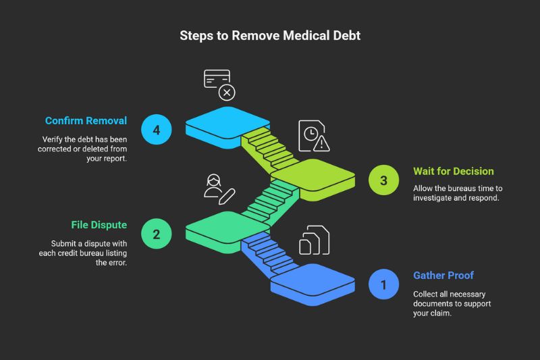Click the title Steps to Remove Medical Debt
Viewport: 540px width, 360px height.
[270, 35]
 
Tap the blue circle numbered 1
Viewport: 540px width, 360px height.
[384, 284]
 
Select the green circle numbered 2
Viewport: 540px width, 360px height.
[157, 234]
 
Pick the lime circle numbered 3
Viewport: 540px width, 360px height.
[384, 180]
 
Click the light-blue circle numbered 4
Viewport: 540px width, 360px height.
[157, 130]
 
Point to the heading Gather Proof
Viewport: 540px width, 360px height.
[443, 276]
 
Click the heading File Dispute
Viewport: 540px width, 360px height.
[99, 224]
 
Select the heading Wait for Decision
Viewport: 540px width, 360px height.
[454, 171]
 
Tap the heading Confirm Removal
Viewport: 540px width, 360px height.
[86, 121]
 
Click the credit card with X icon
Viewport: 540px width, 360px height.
[219, 84]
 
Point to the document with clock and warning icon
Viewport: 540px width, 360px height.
[315, 136]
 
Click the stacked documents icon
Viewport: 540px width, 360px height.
[314, 240]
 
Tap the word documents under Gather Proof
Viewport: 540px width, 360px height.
[435, 304]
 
